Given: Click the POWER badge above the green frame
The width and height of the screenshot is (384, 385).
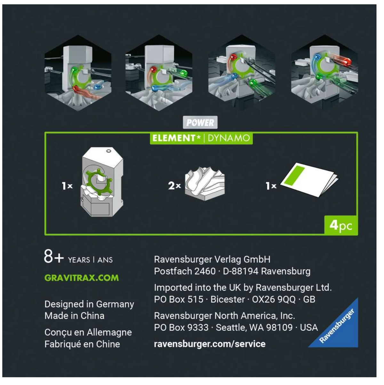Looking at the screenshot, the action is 200,122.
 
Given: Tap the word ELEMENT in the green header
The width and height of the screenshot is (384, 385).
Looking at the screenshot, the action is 173,138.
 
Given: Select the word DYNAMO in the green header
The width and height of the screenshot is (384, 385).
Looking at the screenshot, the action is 229,138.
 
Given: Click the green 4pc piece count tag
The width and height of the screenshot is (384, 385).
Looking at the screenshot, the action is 341,225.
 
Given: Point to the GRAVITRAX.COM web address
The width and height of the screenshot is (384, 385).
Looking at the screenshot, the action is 82,278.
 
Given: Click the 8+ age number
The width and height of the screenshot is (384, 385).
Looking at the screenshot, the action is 54,257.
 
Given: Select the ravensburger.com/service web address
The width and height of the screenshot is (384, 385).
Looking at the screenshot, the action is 210,344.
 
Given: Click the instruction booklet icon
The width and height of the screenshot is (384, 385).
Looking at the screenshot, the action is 309,180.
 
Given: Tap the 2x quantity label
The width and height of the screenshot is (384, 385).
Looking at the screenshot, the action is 174,186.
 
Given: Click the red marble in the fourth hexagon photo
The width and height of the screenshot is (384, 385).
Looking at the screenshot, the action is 347,62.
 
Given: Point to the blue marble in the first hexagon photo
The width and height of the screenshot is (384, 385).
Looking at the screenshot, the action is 98,86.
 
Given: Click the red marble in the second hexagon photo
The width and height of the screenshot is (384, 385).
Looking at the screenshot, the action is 154,70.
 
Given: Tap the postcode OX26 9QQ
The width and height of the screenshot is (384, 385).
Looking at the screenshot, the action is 274,299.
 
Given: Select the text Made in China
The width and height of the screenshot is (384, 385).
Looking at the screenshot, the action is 75,316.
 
